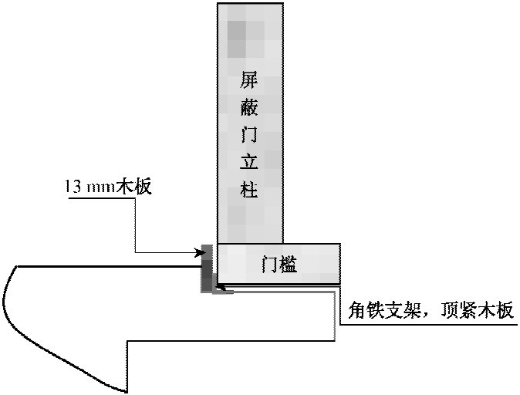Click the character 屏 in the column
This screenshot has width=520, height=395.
point(248,79)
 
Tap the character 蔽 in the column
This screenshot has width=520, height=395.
point(248,106)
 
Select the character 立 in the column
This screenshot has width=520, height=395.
point(248,161)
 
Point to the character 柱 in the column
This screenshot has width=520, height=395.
point(248,189)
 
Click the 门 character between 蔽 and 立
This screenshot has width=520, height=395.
point(248,134)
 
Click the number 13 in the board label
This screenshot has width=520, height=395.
point(73,187)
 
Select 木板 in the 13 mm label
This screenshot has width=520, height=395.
point(133,187)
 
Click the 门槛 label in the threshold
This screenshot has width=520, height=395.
point(279,265)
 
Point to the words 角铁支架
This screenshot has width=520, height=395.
point(385,311)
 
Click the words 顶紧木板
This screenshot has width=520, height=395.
point(477,311)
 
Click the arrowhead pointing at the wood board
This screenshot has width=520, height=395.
point(200,253)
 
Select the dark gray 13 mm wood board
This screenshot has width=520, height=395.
point(207,268)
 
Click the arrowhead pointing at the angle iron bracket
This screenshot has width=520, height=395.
point(220,286)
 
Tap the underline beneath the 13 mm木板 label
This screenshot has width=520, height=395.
point(102,198)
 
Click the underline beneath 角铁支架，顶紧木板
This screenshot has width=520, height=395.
point(429,324)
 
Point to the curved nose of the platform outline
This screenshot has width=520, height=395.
point(6,299)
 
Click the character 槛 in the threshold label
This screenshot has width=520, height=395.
point(289,265)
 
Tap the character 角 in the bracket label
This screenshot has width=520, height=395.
point(357,311)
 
